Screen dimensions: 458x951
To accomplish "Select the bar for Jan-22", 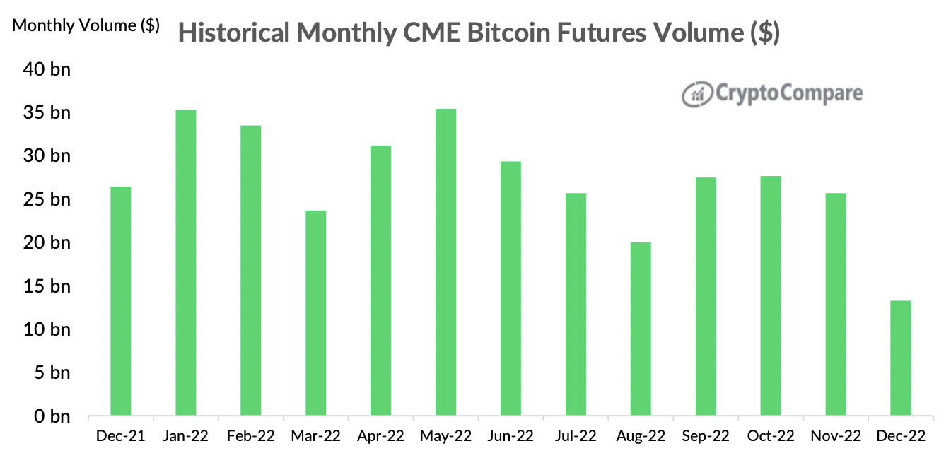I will point(186,262).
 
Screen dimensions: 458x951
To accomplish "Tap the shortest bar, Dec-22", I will point(900,358).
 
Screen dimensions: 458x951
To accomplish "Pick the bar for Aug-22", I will point(641,329).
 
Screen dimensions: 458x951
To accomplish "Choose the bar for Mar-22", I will point(315,312).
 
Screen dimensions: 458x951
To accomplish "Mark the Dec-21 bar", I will point(121,300).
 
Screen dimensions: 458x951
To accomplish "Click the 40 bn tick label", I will point(50,69).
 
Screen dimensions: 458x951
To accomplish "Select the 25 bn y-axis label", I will point(50,199).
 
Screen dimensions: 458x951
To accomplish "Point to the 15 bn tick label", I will point(50,286).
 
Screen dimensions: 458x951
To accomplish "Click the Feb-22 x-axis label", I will point(250,436).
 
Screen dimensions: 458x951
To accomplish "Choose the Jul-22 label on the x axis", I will point(576,436).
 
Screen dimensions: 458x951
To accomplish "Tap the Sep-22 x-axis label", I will point(705,436).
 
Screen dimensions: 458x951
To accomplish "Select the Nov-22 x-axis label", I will point(835,436).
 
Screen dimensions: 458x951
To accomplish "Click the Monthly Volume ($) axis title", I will point(86,25).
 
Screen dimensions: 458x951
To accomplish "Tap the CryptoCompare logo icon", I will point(696,94).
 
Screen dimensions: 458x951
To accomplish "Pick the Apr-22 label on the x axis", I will point(380,436).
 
